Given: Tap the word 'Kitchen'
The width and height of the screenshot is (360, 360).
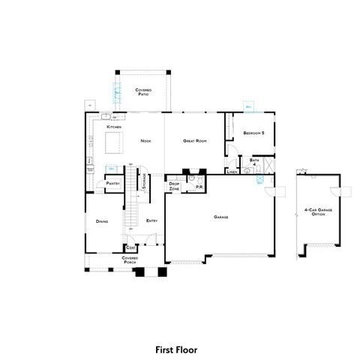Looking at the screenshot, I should click(x=114, y=128).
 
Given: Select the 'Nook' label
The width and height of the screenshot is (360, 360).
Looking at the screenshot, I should click(x=147, y=140).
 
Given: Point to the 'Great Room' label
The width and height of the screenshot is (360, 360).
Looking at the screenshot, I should click(x=196, y=140).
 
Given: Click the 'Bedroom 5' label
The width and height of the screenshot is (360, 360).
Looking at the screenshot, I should click(x=253, y=133).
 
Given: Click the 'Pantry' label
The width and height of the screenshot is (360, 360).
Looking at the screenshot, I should click(x=113, y=183).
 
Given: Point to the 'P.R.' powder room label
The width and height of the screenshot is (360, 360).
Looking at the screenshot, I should click(x=199, y=187).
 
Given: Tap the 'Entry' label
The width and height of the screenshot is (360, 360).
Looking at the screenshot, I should click(x=151, y=220).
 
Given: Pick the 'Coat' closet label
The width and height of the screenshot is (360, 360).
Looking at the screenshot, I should click(x=130, y=247).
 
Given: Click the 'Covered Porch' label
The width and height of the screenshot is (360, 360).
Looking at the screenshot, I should click(x=130, y=259).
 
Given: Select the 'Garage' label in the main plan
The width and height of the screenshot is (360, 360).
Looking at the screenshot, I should click(x=220, y=217).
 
